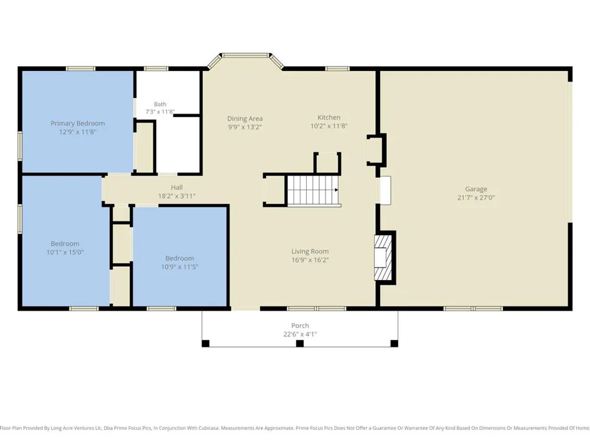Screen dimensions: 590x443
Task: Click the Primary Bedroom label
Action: point(77,123)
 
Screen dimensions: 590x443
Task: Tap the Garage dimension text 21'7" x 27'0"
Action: point(476,197)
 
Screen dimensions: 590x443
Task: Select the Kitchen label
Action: point(329,118)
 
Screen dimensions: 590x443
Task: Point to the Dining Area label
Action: point(245,119)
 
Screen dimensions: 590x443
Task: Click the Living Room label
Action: point(310,251)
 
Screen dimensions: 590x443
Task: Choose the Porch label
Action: point(300,325)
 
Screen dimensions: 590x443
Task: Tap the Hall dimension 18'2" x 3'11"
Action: point(176,196)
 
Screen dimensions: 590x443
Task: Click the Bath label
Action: point(160,104)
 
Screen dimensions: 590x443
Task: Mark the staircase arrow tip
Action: point(337,190)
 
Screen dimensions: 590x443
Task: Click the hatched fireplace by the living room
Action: point(383,258)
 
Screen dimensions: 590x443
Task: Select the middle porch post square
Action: point(300,344)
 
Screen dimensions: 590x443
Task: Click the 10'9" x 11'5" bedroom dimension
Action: point(179,267)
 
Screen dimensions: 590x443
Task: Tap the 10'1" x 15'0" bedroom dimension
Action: point(65,252)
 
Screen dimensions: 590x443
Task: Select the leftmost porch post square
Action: point(205,344)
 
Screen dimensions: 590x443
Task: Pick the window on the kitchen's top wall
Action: point(337,69)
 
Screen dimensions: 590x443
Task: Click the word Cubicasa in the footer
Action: point(208,428)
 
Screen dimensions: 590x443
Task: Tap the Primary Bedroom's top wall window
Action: point(80,69)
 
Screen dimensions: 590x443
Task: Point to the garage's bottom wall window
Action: point(473,308)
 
